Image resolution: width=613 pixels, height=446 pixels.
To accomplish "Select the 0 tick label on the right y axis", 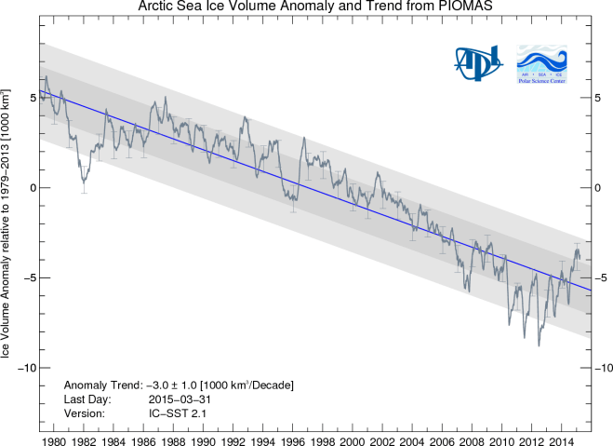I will click(x=598, y=188).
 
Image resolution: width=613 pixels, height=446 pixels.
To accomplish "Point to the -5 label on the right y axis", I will click(x=601, y=278).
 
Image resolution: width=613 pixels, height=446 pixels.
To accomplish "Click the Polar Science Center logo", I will click(x=545, y=62).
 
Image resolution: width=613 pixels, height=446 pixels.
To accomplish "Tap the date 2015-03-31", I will click(x=169, y=399).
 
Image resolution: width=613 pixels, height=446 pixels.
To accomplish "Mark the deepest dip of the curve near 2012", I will click(x=539, y=345).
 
